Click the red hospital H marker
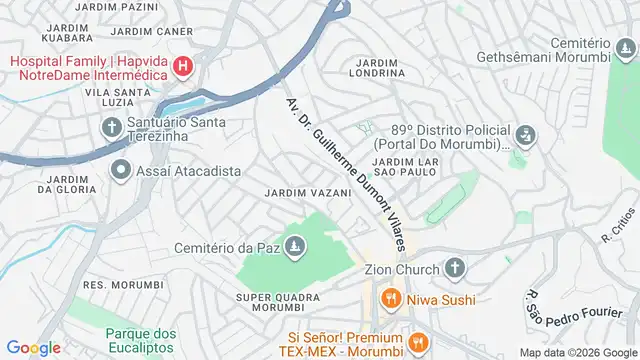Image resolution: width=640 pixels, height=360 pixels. (184, 68)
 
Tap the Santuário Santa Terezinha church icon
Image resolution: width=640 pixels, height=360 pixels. (111, 127)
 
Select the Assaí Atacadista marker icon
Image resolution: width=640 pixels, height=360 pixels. (121, 171)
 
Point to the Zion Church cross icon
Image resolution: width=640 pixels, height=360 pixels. (454, 269)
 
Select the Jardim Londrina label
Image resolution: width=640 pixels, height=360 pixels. (377, 66)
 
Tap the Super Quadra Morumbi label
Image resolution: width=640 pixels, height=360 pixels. (283, 303)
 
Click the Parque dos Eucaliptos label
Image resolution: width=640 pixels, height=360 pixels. (141, 340)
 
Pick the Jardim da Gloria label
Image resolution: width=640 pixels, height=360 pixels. (67, 182)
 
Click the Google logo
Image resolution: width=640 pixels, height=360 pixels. (33, 348)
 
